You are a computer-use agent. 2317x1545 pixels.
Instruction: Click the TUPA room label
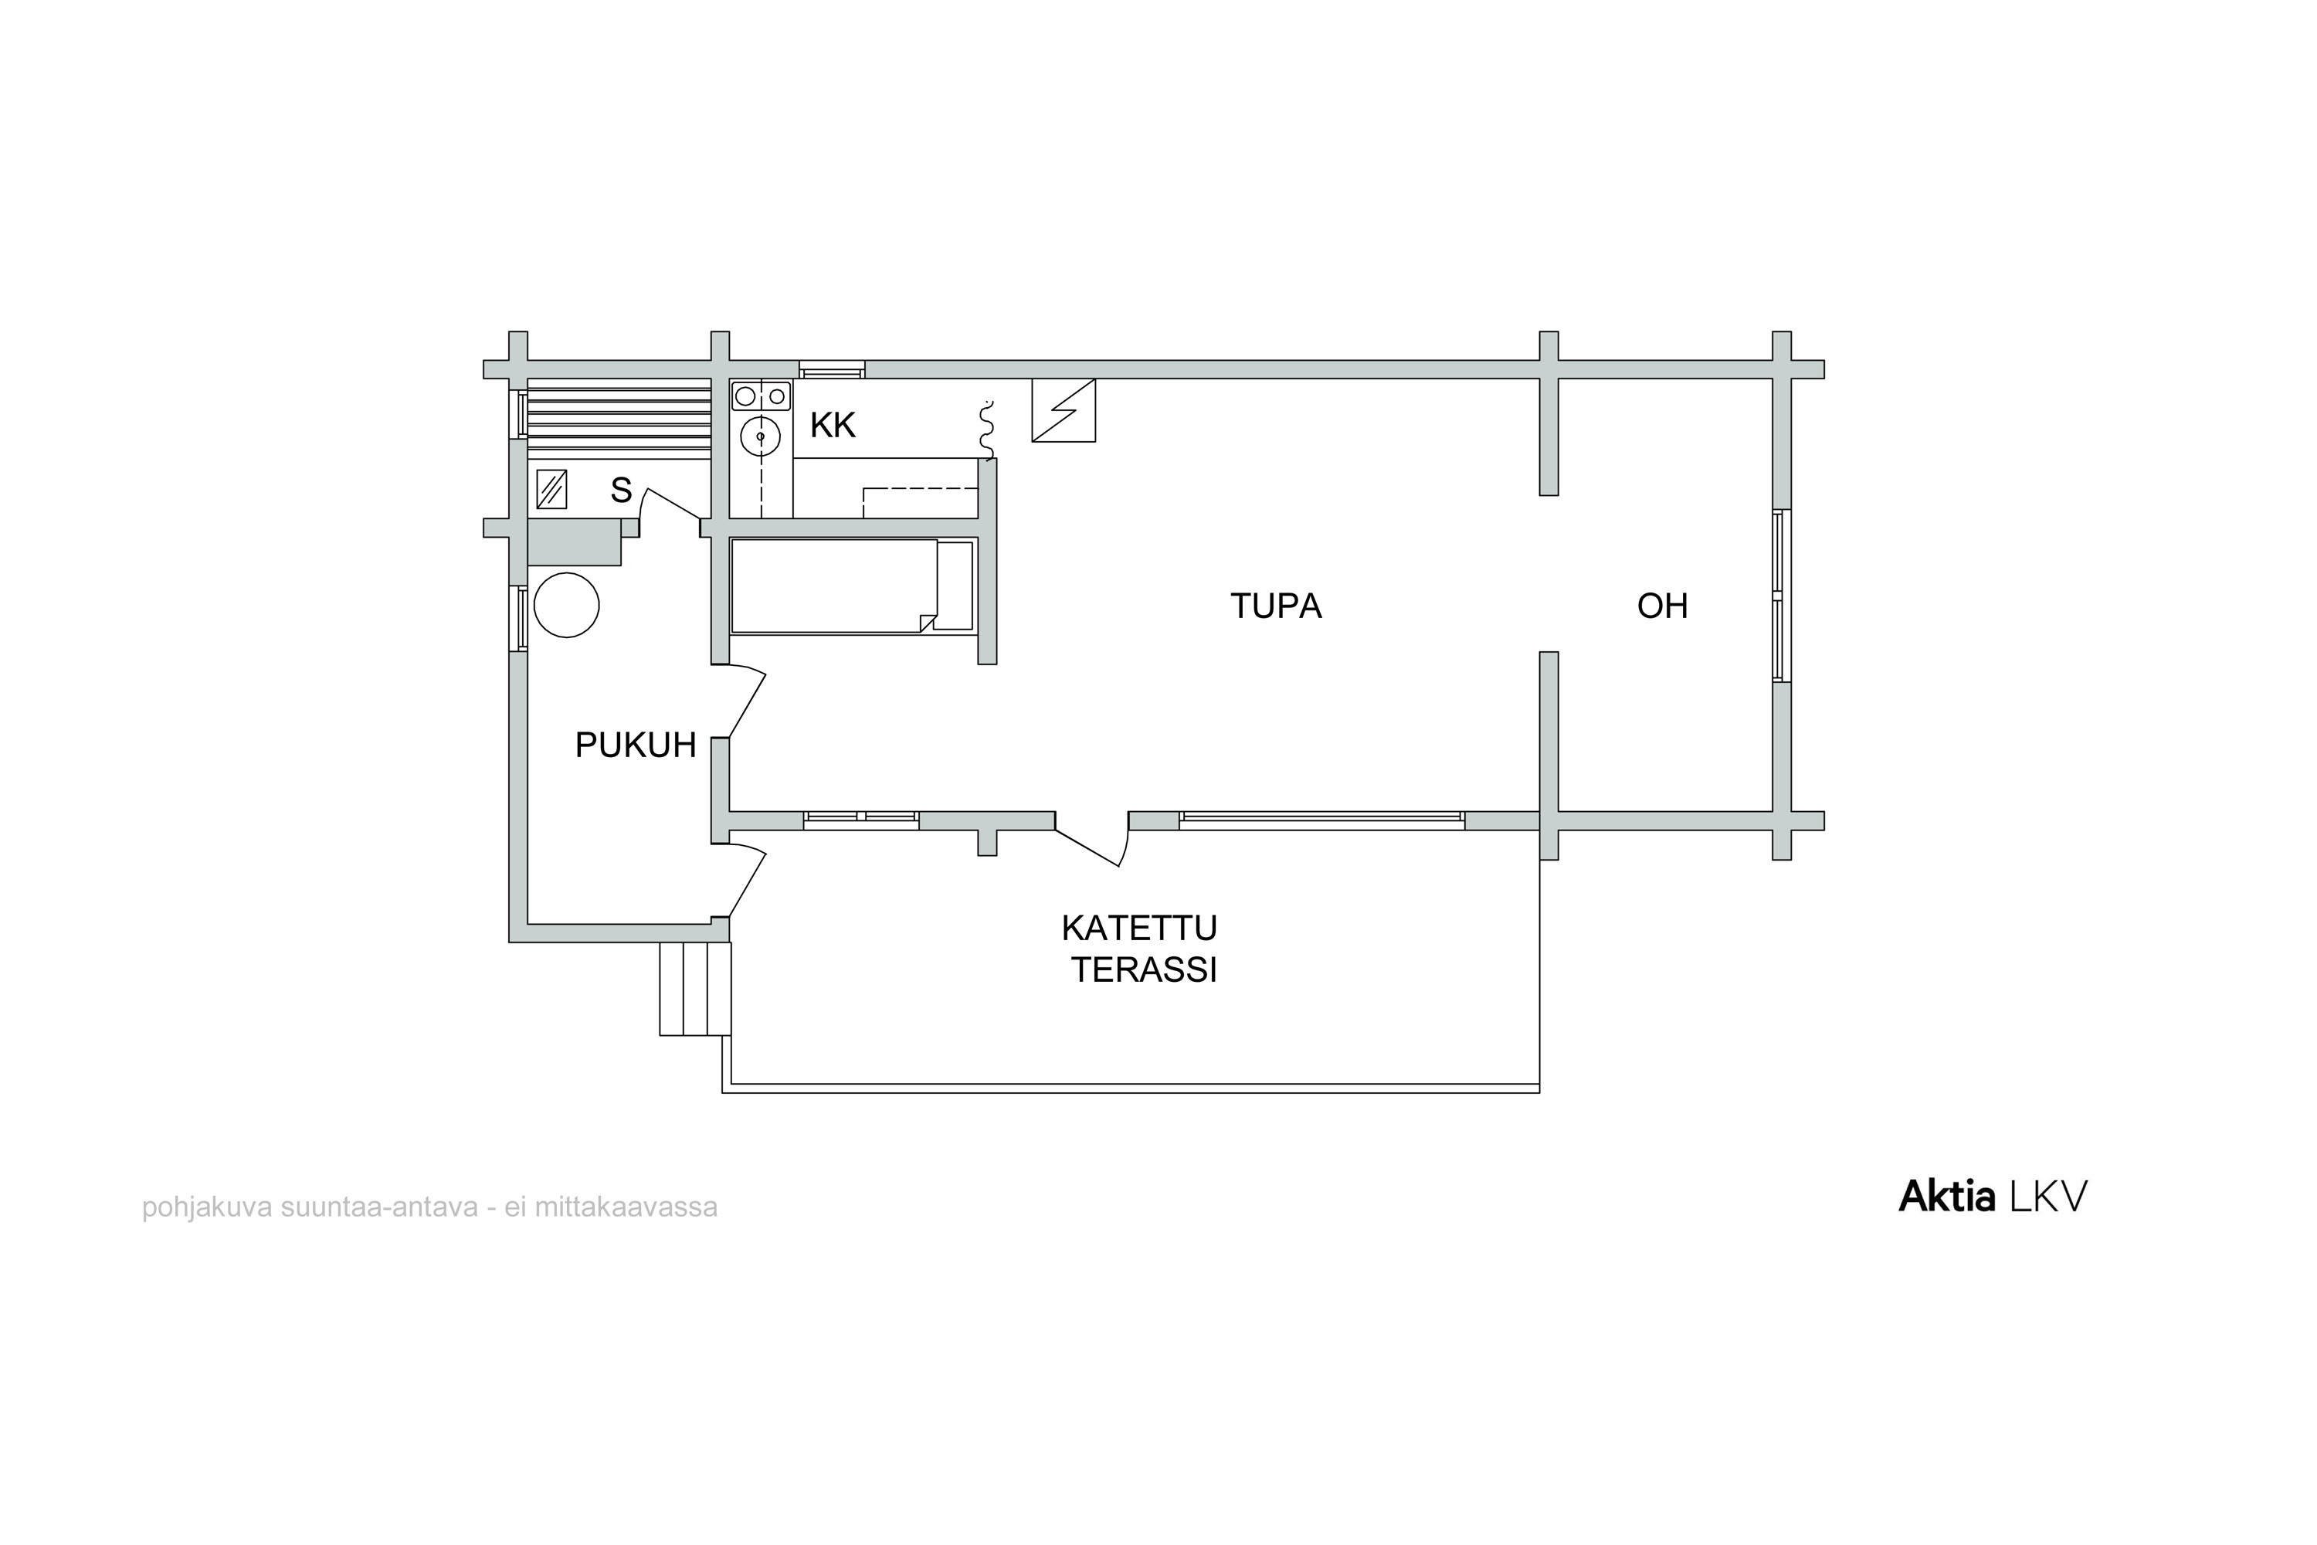click(x=1276, y=606)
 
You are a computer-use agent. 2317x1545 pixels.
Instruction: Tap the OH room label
click(x=1662, y=606)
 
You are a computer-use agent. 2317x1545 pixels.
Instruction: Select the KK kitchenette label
click(x=833, y=426)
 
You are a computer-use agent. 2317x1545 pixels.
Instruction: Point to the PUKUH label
click(x=636, y=745)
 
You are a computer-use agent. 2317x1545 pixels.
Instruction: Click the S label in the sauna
click(x=621, y=490)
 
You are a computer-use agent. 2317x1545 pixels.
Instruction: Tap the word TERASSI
click(x=1145, y=970)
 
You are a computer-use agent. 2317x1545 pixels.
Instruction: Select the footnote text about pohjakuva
click(x=429, y=1207)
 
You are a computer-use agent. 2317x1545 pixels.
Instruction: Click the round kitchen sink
click(x=761, y=436)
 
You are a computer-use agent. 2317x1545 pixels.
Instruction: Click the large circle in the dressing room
click(x=566, y=605)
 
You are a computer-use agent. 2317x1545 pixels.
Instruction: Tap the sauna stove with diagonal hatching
click(x=551, y=489)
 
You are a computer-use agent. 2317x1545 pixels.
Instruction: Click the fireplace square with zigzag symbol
click(x=1064, y=410)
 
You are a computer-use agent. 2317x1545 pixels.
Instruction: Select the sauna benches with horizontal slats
click(x=619, y=419)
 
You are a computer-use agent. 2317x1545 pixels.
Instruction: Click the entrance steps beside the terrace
click(x=696, y=988)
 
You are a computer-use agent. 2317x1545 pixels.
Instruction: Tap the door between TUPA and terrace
click(x=1091, y=840)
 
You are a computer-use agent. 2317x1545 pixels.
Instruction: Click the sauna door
click(x=671, y=504)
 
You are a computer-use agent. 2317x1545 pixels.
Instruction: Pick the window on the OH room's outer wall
click(x=1781, y=595)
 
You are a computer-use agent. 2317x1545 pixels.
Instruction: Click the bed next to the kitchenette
click(x=853, y=586)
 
